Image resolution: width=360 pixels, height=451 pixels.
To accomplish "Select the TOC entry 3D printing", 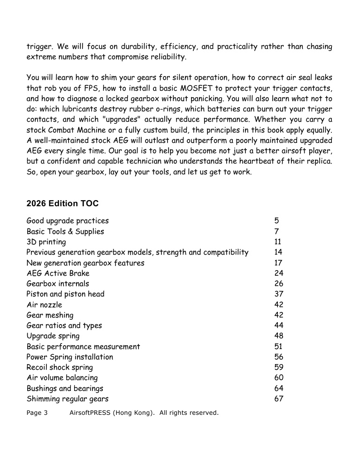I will click(46, 242).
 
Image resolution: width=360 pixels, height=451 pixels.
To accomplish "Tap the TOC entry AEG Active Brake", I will click(58, 273).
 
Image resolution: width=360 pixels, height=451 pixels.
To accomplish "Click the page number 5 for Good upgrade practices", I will click(276, 221).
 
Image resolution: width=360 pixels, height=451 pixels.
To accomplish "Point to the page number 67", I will click(279, 399).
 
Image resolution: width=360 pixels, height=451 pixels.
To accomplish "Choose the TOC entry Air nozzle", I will click(44, 305).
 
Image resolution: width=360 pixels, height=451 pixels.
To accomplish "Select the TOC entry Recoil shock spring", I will click(60, 367).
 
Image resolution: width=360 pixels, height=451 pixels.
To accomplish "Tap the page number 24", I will click(279, 273).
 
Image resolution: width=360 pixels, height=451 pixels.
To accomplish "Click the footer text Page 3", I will click(37, 413).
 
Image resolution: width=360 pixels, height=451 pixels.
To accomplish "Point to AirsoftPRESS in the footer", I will click(89, 413).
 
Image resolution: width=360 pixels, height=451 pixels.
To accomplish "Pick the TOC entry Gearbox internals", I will click(58, 284).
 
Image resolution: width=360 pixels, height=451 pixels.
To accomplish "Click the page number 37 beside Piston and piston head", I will click(279, 294).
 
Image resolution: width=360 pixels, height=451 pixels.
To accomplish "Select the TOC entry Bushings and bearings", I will click(65, 389).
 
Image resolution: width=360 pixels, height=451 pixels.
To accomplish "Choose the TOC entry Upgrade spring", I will click(53, 336).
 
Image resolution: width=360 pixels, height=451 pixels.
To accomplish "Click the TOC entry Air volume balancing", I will click(62, 378).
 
